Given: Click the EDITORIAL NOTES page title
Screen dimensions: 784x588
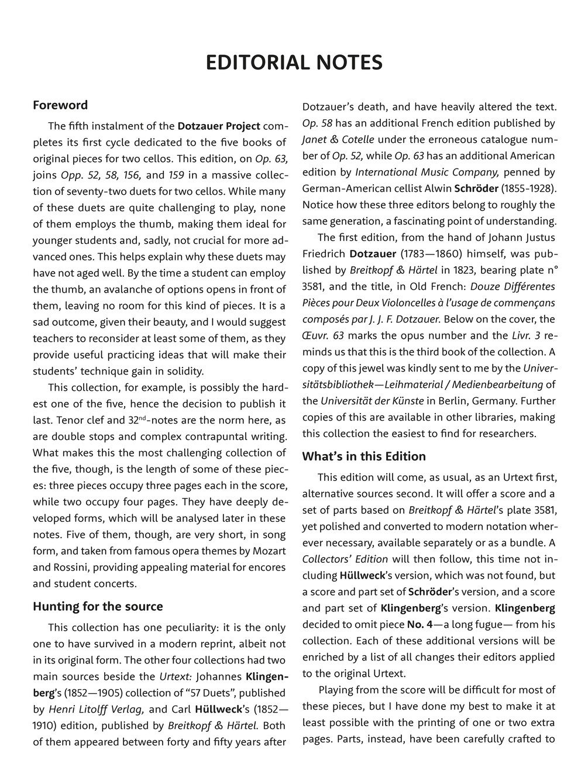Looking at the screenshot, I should tap(294, 63).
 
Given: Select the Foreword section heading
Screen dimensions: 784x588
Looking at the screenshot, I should tap(60, 105).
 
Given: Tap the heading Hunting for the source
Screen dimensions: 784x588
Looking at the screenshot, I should tap(98, 606).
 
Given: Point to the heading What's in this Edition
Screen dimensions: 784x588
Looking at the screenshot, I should tap(364, 456).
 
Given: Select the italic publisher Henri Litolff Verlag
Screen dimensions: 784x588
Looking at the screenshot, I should tap(96, 710).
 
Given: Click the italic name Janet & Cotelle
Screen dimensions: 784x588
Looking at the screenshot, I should tap(338, 140).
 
